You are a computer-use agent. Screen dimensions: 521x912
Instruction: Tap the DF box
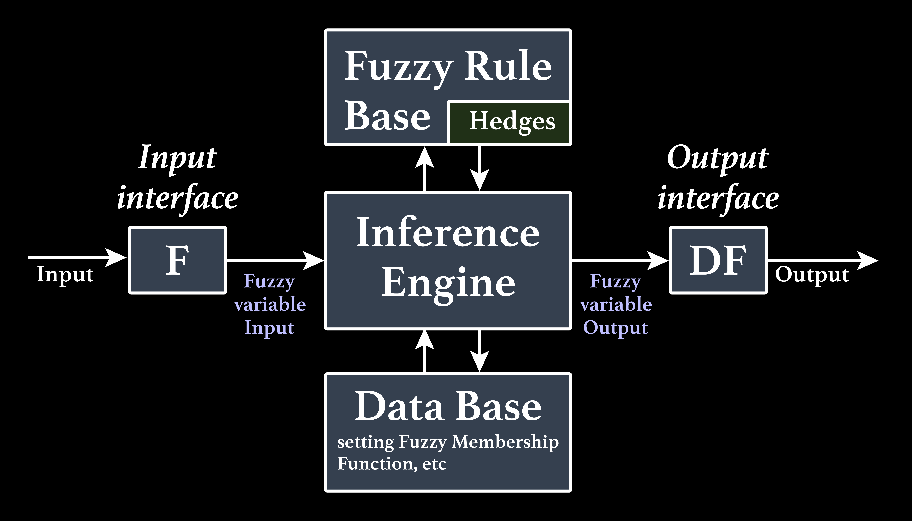[x=718, y=260]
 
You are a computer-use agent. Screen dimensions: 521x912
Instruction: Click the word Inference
[x=448, y=233]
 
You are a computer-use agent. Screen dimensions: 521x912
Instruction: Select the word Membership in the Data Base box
[x=505, y=442]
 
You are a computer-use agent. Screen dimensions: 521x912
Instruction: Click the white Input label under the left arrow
[x=65, y=275]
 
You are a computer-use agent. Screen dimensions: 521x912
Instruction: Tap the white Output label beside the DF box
[x=812, y=275]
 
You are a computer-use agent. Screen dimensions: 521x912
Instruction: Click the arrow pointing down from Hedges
[x=479, y=168]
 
